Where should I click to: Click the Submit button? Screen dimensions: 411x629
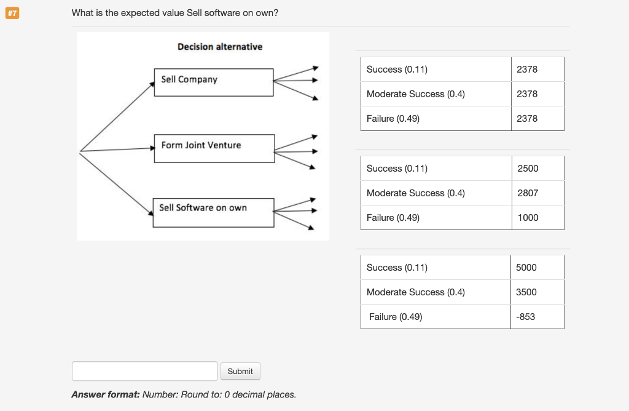(x=240, y=371)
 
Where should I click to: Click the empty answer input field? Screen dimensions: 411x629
(x=145, y=371)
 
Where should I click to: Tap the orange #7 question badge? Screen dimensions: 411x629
(x=12, y=13)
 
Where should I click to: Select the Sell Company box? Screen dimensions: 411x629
(x=213, y=82)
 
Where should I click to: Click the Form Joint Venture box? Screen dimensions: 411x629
(x=214, y=148)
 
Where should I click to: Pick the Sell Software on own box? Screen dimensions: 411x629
(x=213, y=212)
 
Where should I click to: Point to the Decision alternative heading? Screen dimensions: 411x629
(x=219, y=47)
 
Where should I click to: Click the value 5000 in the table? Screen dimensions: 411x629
(x=526, y=268)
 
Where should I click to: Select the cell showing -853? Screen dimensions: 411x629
(x=526, y=317)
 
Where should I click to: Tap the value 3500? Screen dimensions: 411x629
(x=526, y=292)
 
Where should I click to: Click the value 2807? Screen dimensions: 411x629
(x=528, y=193)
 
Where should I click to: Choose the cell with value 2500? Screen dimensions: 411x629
(x=528, y=169)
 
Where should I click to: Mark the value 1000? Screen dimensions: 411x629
(x=528, y=218)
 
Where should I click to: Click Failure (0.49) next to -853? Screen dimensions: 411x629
(x=396, y=317)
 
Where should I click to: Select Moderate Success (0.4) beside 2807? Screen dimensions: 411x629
(x=415, y=193)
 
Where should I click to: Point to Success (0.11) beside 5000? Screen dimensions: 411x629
(x=397, y=268)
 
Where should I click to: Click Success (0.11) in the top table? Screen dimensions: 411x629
(x=397, y=70)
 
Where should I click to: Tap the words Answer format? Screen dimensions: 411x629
(x=105, y=394)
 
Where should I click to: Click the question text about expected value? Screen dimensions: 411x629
(x=174, y=13)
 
